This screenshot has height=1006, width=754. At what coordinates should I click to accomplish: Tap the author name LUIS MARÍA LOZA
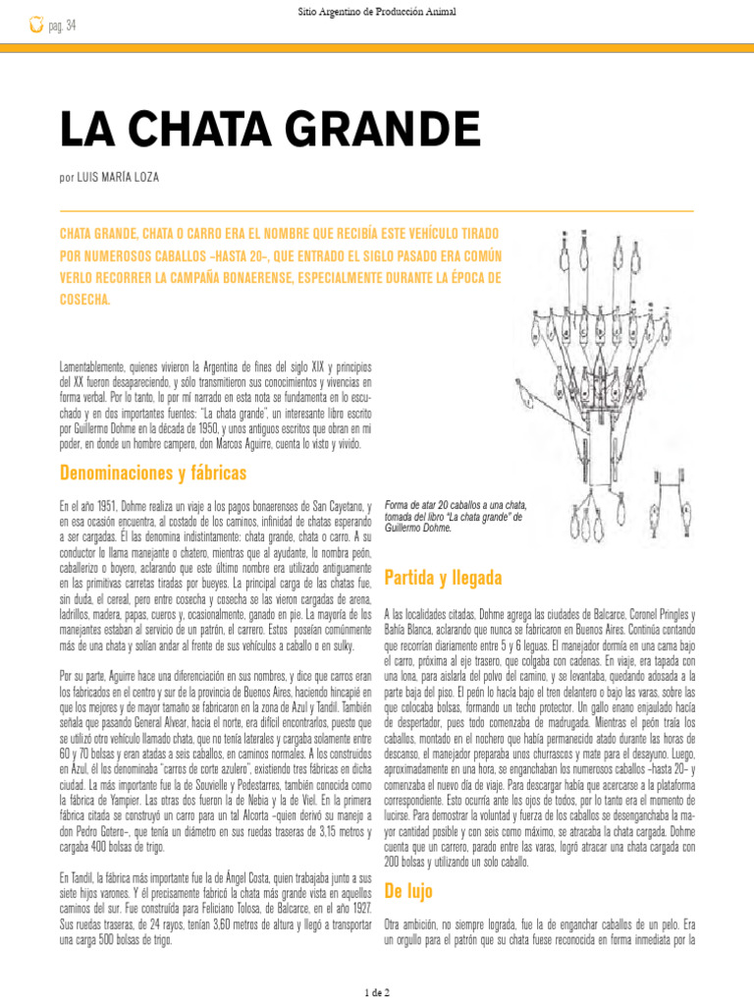pyautogui.click(x=122, y=177)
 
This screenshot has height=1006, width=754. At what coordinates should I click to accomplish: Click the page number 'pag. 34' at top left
pyautogui.click(x=62, y=25)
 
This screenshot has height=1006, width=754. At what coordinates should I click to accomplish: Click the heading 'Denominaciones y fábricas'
pyautogui.click(x=153, y=473)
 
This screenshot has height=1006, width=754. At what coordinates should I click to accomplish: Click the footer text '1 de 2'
pyautogui.click(x=377, y=992)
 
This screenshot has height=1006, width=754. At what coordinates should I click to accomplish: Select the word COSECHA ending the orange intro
pyautogui.click(x=86, y=299)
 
